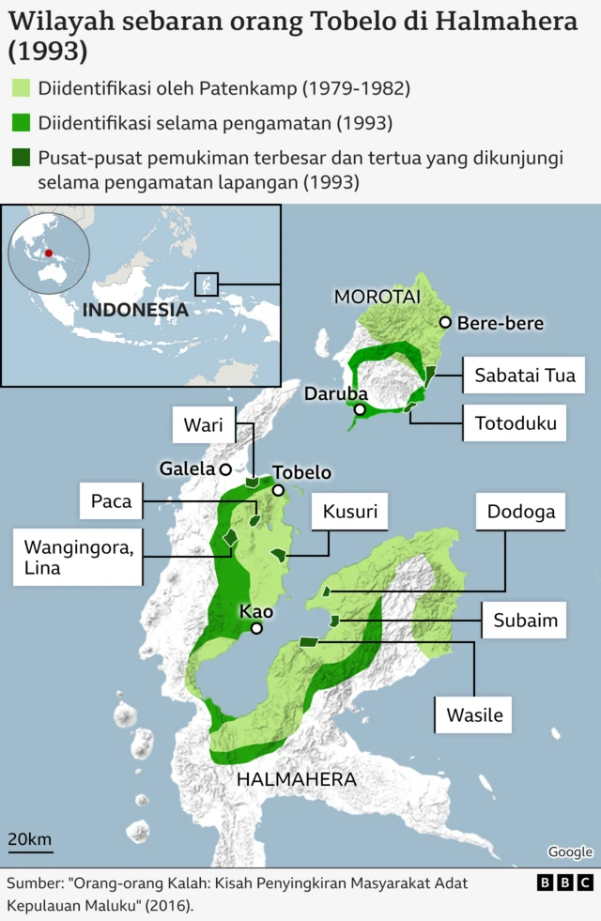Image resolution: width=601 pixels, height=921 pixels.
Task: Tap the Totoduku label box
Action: tap(516, 423)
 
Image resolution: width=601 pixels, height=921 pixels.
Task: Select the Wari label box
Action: tap(203, 426)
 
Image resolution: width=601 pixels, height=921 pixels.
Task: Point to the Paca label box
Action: tap(111, 501)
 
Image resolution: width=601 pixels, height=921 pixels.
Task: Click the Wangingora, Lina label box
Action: tap(79, 556)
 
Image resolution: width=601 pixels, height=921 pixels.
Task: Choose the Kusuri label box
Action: tap(349, 513)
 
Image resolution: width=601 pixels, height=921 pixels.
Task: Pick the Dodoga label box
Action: tap(521, 513)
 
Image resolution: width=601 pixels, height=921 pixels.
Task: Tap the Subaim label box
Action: tap(525, 621)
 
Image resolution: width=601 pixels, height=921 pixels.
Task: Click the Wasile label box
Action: tap(474, 715)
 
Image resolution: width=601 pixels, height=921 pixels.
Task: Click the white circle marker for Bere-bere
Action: tap(445, 323)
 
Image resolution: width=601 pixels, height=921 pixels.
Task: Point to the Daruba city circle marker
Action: tap(360, 410)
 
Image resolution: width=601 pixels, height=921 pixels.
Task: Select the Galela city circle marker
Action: tap(225, 468)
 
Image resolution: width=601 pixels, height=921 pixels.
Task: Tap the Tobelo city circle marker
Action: tap(278, 490)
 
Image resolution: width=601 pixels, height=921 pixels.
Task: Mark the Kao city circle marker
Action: tap(256, 628)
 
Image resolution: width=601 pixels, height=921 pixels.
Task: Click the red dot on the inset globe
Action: tap(48, 253)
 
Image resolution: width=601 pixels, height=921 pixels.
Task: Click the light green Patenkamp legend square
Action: tap(20, 88)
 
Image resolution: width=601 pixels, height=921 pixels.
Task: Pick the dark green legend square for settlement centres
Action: tap(20, 157)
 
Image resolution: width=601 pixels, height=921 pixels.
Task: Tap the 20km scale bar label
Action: tap(30, 838)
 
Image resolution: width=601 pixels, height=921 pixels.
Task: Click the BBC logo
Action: tap(565, 883)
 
